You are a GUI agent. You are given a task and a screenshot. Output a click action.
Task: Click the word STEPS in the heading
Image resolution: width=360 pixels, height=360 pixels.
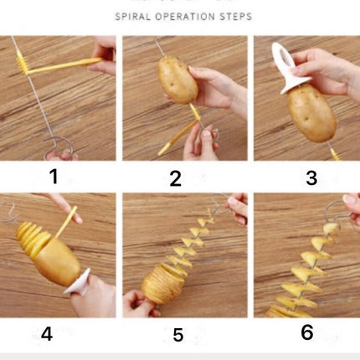(235, 17)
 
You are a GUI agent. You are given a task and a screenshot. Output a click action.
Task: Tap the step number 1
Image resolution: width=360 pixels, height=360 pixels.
(54, 177)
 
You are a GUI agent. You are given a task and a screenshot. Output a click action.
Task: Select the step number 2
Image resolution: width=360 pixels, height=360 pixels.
(176, 179)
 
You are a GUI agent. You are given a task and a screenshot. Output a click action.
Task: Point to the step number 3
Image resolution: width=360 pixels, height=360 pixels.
(311, 178)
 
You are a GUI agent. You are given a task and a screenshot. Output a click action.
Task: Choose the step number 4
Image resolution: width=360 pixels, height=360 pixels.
(47, 334)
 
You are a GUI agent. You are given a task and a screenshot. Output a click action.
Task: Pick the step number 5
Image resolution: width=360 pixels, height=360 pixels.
(178, 335)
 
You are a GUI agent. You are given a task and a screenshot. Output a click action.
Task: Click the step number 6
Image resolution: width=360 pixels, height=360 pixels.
(307, 332)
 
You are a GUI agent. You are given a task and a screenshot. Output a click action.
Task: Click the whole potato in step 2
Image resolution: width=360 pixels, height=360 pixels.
(177, 79)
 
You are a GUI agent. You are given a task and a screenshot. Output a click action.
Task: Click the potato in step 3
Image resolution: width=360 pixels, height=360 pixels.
(311, 113)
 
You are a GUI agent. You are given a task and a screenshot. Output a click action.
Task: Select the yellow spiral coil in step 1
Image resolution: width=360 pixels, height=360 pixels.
(22, 63)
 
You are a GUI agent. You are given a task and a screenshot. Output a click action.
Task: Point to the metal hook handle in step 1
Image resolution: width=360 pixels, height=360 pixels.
(59, 148)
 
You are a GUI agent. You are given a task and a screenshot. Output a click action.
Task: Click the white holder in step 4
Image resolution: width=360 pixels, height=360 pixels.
(78, 281)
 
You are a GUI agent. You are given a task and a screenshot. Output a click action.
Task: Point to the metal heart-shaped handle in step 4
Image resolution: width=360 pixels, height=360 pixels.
(9, 213)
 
